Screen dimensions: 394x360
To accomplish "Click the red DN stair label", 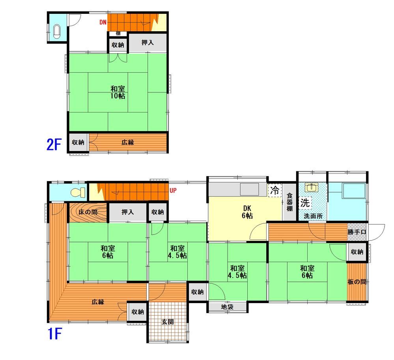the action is pyautogui.click(x=103, y=22).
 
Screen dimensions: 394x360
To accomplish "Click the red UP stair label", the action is pyautogui.click(x=173, y=190).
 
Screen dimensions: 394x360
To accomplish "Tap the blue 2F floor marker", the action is pyautogui.click(x=54, y=144).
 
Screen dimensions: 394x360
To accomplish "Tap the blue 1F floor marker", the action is pyautogui.click(x=54, y=334).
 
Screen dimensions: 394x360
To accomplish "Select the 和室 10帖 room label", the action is pyautogui.click(x=118, y=92).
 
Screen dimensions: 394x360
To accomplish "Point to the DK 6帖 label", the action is pyautogui.click(x=247, y=212).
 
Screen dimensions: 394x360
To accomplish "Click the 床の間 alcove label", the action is pyautogui.click(x=88, y=212).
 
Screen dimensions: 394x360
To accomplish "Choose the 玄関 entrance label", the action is pyautogui.click(x=167, y=322).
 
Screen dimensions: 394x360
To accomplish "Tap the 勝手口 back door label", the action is pyautogui.click(x=357, y=232).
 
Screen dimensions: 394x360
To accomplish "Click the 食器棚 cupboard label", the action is pyautogui.click(x=290, y=202).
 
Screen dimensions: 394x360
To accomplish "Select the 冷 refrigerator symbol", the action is pyautogui.click(x=275, y=190).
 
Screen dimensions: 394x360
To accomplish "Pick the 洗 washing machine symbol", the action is pyautogui.click(x=305, y=202).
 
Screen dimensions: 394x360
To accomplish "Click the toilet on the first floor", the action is pyautogui.click(x=78, y=193).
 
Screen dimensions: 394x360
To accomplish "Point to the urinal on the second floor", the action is pyautogui.click(x=57, y=32).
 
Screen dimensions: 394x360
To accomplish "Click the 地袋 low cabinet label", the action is pyautogui.click(x=227, y=307).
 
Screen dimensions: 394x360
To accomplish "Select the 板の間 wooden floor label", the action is pyautogui.click(x=357, y=282).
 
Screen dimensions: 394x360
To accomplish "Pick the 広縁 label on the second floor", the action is pyautogui.click(x=128, y=142).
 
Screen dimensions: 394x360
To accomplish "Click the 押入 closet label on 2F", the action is pyautogui.click(x=148, y=43).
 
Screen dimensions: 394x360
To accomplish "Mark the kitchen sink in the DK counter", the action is pyautogui.click(x=250, y=189).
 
